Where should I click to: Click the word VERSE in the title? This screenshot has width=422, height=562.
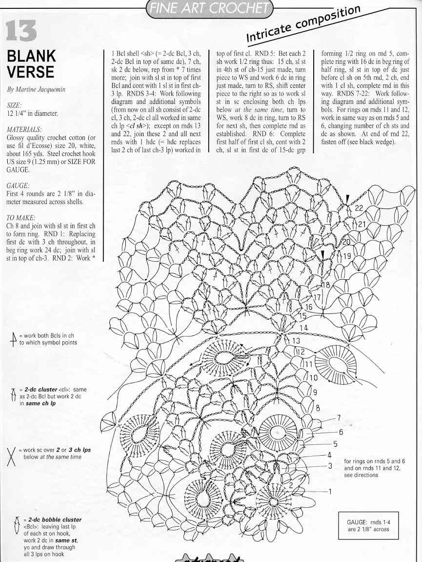point(30,72)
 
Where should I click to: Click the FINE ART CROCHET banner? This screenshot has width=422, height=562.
point(209,8)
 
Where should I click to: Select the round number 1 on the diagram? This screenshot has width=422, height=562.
point(329,491)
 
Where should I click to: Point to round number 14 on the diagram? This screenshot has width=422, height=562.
point(303,328)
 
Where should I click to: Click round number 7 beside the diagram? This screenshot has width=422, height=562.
point(339,418)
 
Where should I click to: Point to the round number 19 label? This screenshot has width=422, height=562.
point(347,256)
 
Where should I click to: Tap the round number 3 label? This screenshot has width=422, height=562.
point(330,465)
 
